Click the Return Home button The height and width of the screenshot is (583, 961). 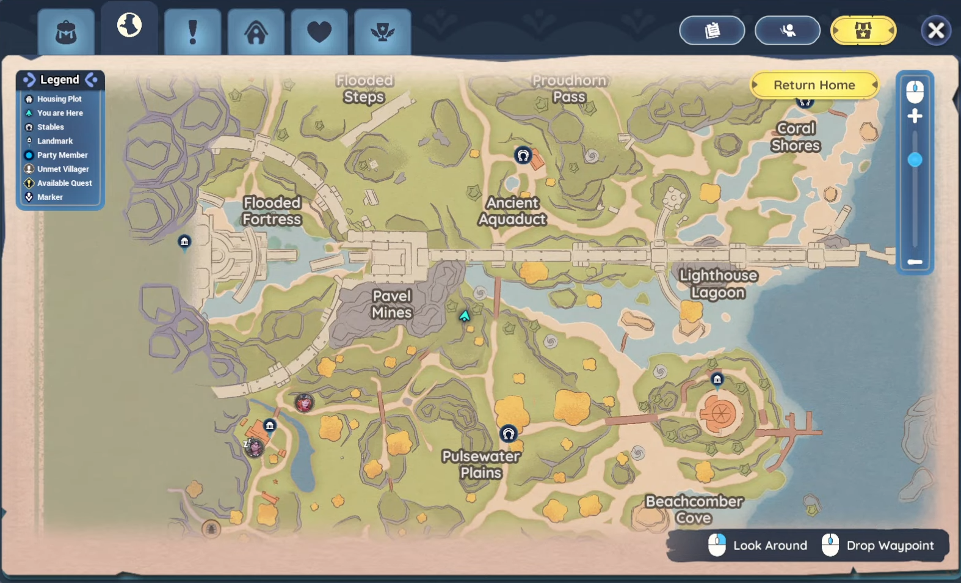[x=814, y=85]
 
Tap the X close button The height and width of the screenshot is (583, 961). [x=935, y=31]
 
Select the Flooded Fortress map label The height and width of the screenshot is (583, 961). [x=272, y=211]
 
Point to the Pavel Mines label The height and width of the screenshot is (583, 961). [x=392, y=304]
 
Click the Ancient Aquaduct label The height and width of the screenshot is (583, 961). [x=512, y=211]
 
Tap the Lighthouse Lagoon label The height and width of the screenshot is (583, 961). [x=718, y=284]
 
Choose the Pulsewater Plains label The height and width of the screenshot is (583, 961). [x=481, y=464]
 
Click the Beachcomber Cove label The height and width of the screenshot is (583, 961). [x=694, y=510]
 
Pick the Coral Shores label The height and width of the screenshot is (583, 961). [x=796, y=137]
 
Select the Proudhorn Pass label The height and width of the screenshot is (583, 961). [x=569, y=89]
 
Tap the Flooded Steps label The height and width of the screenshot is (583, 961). [x=364, y=89]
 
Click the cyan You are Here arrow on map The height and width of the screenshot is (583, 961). [x=465, y=315]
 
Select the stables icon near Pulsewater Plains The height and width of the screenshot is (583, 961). [x=509, y=434]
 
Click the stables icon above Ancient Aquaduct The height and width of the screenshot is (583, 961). [x=523, y=155]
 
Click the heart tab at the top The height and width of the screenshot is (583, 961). [x=319, y=32]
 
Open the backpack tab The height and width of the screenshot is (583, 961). [x=66, y=32]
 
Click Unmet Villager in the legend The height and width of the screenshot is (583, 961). [x=62, y=169]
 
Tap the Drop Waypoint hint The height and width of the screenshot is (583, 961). [x=879, y=545]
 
